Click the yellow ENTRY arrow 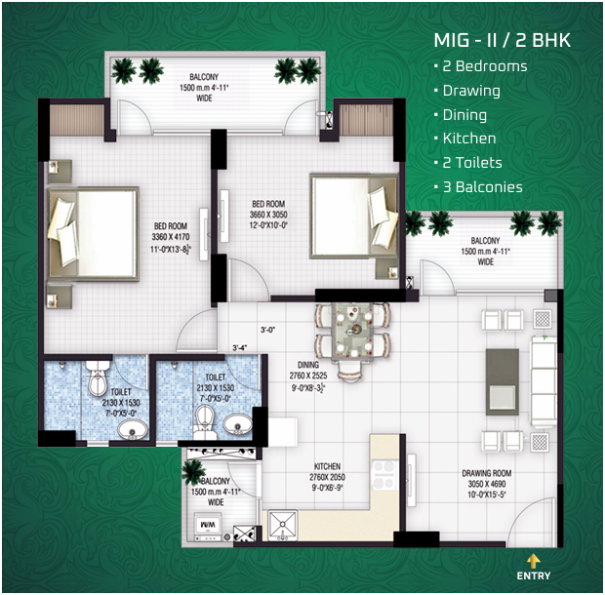(x=534, y=559)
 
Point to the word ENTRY (x=534, y=575)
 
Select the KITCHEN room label (x=327, y=466)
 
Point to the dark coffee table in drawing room (x=504, y=377)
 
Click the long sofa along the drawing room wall (x=543, y=376)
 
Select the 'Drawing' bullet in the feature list (x=470, y=91)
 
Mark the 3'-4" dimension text (x=240, y=347)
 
